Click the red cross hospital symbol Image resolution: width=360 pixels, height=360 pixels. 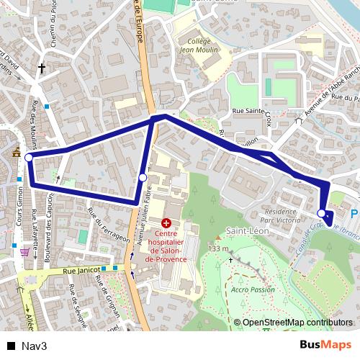tap(166, 225)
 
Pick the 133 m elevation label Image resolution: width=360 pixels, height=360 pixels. tap(218, 249)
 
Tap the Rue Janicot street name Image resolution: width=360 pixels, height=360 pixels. tap(79, 270)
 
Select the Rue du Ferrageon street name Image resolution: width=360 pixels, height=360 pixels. tap(108, 225)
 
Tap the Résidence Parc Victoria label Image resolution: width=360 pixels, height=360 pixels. tap(281, 217)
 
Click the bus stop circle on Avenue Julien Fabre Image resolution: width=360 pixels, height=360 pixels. tap(143, 177)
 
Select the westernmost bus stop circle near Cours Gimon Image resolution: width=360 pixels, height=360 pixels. tap(29, 158)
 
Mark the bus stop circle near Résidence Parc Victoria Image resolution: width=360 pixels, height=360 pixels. tap(321, 213)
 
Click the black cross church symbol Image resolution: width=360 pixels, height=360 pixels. tap(42, 69)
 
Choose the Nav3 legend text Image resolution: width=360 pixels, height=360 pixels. tap(34, 346)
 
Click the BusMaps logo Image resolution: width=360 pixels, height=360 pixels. tap(325, 345)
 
